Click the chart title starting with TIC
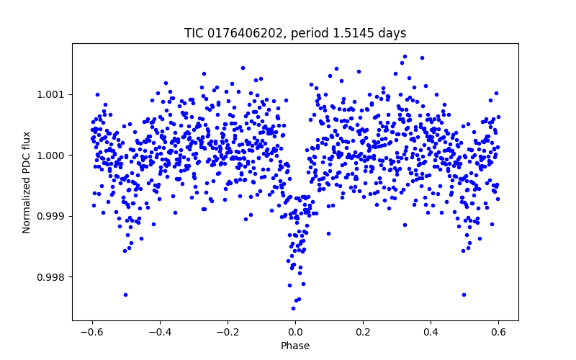tap(295, 33)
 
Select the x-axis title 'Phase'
tap(295, 346)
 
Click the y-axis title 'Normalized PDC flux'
tap(27, 181)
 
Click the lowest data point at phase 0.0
tap(293, 308)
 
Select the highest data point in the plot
tap(405, 56)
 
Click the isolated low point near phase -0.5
tap(125, 294)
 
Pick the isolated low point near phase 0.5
tap(464, 294)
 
